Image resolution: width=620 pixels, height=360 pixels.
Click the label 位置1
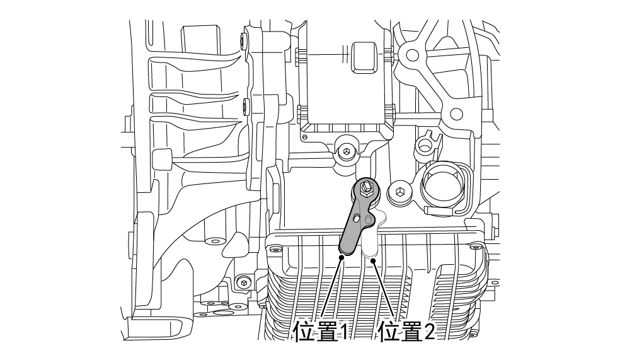point(319,331)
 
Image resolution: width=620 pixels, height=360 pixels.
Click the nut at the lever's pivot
point(367,187)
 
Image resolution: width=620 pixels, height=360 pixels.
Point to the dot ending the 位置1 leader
point(342,257)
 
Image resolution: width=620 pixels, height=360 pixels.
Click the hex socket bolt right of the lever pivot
point(399,191)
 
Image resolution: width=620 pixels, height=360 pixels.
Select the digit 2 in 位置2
point(429,332)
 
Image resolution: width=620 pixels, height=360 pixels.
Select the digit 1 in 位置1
point(343,332)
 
